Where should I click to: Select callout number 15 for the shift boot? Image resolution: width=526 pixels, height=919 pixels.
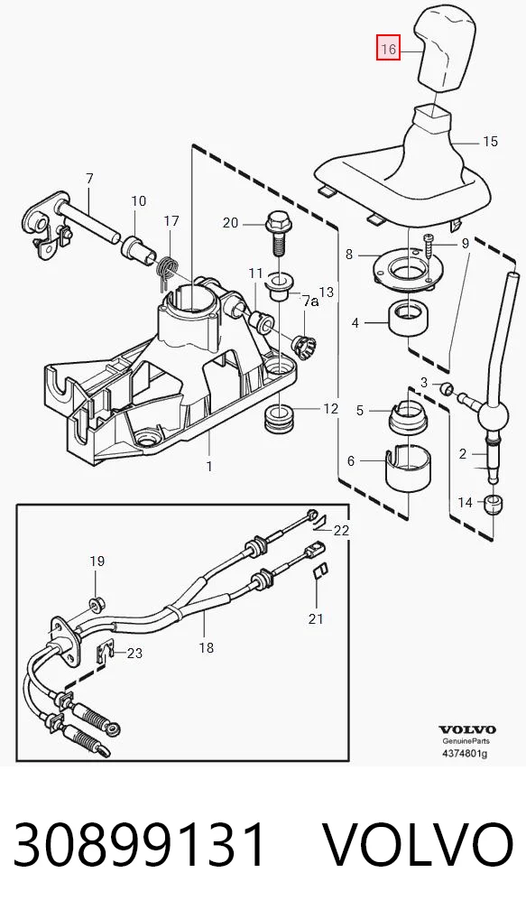[x=490, y=141]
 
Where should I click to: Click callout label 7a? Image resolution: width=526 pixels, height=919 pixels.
[x=310, y=302]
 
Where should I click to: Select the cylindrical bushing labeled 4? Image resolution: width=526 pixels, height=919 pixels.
[x=408, y=319]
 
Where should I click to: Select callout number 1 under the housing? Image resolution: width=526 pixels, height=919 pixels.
[x=209, y=467]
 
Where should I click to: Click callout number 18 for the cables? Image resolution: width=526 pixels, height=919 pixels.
[x=207, y=647]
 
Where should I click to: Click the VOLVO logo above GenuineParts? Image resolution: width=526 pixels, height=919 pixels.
[x=467, y=729]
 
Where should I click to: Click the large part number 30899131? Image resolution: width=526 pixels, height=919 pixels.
[x=140, y=844]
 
